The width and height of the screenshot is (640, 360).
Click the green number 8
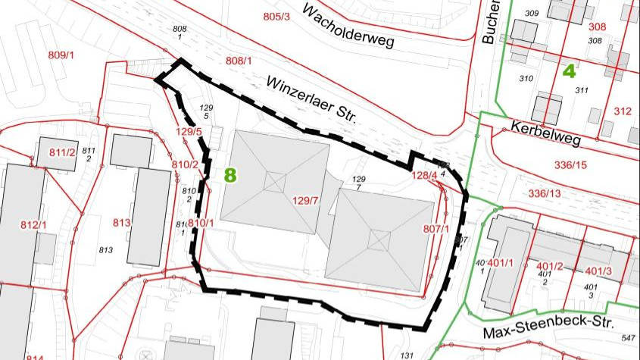click(x=230, y=174)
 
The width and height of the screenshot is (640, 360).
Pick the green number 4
click(x=569, y=71)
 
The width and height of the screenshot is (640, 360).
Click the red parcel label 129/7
click(x=308, y=201)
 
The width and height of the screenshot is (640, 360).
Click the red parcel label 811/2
click(x=63, y=152)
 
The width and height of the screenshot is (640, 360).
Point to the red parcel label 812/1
click(x=33, y=225)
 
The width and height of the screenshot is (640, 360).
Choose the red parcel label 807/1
click(x=437, y=228)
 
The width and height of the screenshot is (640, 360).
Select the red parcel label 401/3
click(x=598, y=271)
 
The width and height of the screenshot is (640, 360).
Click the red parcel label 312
click(x=623, y=111)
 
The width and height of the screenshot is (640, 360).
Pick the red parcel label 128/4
click(x=424, y=176)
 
